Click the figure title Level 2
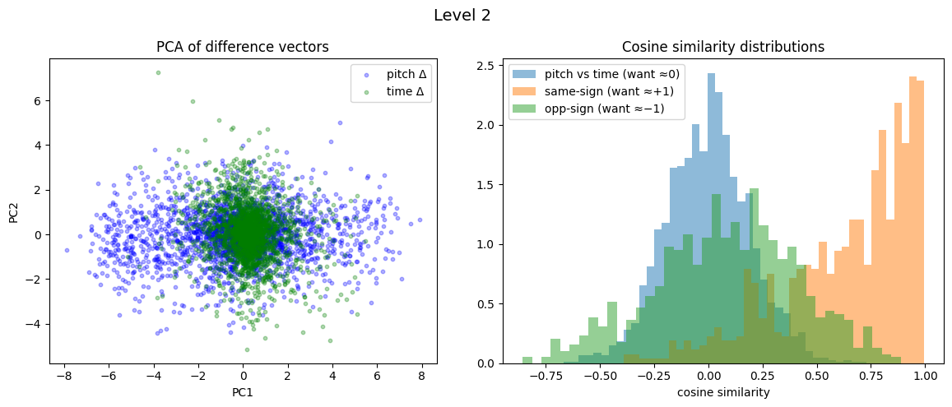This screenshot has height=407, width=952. pyautogui.click(x=462, y=15)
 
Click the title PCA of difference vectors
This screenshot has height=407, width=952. pyautogui.click(x=243, y=47)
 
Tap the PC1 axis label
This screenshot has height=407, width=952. pyautogui.click(x=243, y=392)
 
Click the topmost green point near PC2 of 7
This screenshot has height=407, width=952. pyautogui.click(x=158, y=72)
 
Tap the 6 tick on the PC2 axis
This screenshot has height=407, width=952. pyautogui.click(x=38, y=101)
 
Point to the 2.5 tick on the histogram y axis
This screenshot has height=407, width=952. pyautogui.click(x=486, y=66)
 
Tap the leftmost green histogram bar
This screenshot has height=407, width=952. pyautogui.click(x=527, y=360)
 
